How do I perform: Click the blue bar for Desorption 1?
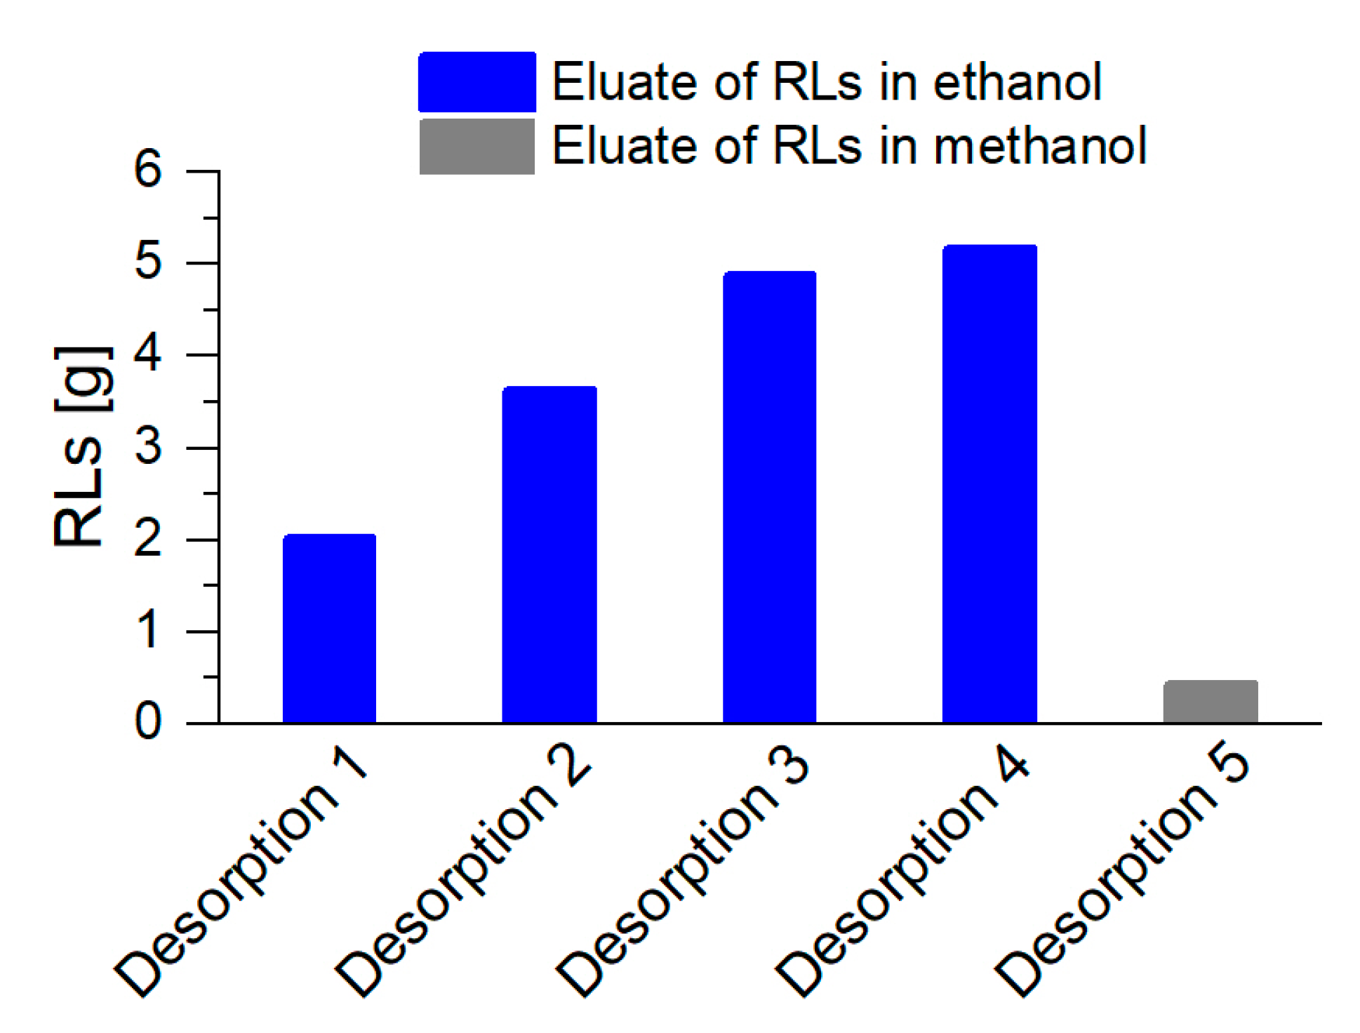pos(329,628)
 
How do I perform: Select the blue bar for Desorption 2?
pos(549,554)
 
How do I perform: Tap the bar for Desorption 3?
pos(770,497)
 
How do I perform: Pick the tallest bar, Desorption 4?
pos(989,484)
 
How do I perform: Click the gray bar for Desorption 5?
pos(1211,701)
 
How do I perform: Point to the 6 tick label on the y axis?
pos(148,170)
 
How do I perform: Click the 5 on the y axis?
pos(148,262)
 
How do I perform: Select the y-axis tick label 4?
pos(148,355)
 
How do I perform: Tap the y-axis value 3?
pos(148,447)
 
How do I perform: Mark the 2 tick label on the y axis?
pos(148,540)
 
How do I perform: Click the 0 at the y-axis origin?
pos(148,723)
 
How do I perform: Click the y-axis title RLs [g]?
pos(82,446)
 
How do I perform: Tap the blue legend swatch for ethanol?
pos(477,82)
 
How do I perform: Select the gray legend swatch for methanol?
pos(477,146)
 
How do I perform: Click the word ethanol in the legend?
pos(1018,82)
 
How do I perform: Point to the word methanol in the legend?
pos(1041,145)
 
